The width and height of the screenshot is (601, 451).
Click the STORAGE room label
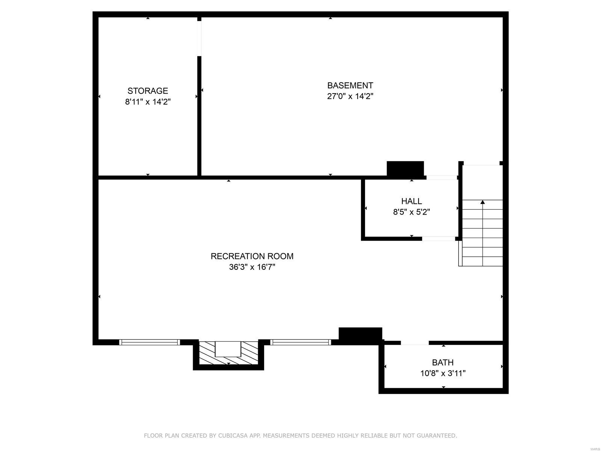(148, 91)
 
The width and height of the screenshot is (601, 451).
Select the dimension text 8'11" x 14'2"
(148, 102)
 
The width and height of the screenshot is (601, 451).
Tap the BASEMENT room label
(350, 85)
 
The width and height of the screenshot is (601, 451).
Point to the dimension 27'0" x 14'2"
(350, 96)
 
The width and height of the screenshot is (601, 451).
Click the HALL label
(411, 201)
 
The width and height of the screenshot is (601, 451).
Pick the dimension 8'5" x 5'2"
(411, 212)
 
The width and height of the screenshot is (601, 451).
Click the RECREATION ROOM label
(252, 256)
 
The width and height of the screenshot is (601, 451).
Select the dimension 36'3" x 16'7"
(252, 267)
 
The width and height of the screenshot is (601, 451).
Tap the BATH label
(442, 363)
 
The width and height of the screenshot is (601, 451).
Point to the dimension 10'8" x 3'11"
(442, 374)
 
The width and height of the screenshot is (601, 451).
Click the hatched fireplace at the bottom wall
(228, 353)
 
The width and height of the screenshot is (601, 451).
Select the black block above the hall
(405, 168)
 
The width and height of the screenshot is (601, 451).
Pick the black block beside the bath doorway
(360, 335)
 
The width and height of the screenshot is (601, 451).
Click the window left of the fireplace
(149, 342)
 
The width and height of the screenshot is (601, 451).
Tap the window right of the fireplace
(300, 342)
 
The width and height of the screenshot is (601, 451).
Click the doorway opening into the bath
(414, 343)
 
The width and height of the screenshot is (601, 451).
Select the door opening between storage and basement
(199, 38)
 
